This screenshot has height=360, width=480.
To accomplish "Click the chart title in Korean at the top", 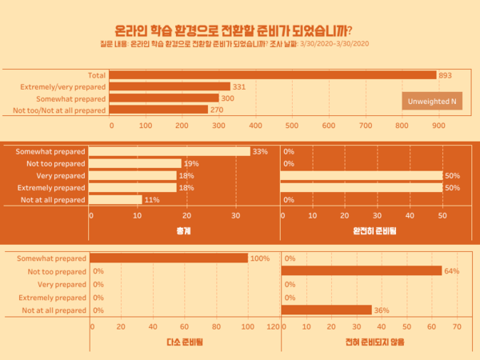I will point(239,30).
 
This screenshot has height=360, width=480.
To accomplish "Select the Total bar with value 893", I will point(273,75).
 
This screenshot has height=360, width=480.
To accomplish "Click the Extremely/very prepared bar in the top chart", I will point(170,86).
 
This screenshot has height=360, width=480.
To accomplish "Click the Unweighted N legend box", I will point(431,102).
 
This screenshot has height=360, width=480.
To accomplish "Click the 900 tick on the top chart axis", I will point(438,126).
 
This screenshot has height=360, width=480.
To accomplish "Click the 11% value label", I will point(151,200).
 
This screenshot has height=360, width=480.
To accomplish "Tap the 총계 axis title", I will point(183,230).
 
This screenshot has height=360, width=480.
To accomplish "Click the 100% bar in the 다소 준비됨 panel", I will point(169,258).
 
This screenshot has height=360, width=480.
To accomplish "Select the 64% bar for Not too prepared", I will point(362,271).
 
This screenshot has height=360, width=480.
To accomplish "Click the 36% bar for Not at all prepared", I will point(326,310).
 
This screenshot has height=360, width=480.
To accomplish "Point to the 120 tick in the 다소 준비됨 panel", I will point(274,326).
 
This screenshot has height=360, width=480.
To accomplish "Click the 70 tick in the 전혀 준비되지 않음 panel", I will point(458,326).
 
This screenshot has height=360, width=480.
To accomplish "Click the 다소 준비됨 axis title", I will point(183,342).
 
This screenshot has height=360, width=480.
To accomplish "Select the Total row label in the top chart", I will point(96,75).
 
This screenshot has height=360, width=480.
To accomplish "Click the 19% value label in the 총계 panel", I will point(190,163).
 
